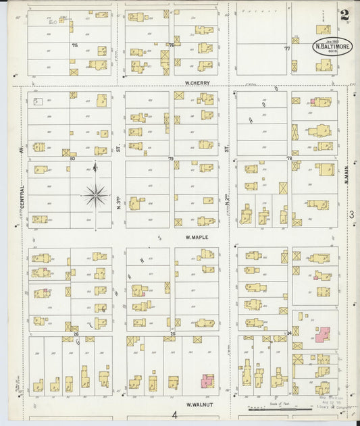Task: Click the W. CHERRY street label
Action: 197,83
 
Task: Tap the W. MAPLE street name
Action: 197,237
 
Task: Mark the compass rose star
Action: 95,195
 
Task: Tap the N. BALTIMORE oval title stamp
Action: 332,48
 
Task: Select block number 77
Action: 287,49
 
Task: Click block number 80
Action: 72,158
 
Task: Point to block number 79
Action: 171,158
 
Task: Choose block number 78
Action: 289,158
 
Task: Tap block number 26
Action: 76,334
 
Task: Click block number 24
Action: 289,334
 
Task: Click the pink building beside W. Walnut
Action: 207,381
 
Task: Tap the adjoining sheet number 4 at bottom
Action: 174,415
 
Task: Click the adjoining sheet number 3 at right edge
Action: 351,215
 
